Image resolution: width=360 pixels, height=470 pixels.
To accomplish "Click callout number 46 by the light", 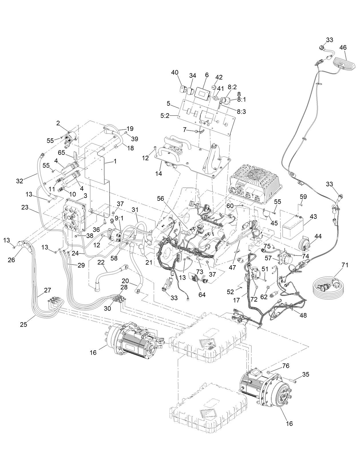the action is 343,48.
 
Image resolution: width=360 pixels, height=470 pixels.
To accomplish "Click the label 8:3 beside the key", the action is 241,112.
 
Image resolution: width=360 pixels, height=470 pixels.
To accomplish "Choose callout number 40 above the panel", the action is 175,73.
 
